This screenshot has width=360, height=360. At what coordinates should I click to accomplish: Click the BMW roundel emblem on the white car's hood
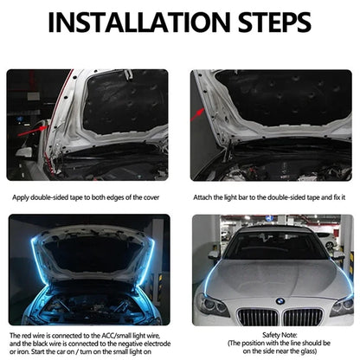280,300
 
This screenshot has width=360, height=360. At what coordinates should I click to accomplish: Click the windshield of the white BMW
274,247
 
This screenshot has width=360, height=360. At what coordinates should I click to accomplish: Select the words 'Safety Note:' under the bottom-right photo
277,333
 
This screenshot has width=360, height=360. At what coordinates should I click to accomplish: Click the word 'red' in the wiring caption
26,333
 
